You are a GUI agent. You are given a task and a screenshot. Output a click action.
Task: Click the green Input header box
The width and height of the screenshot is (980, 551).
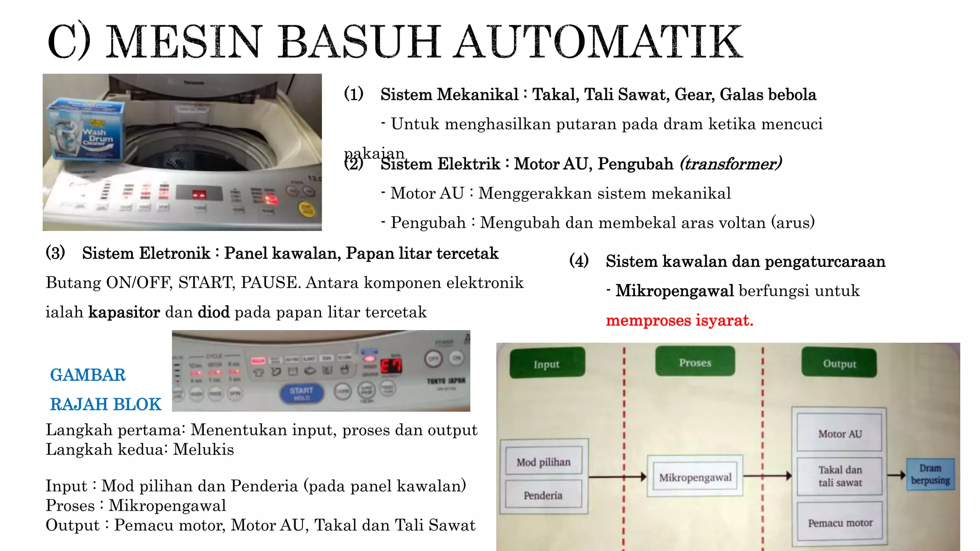547,363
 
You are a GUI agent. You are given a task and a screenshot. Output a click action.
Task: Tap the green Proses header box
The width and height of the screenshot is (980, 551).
695,362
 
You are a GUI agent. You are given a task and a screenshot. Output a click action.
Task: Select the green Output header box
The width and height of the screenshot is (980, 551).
839,363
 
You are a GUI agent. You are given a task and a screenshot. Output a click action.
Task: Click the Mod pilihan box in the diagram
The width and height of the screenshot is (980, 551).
544,462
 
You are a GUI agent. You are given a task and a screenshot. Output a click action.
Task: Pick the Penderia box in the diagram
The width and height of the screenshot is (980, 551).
543,495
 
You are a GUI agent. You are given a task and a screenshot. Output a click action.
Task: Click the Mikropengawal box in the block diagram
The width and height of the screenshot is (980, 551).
695,476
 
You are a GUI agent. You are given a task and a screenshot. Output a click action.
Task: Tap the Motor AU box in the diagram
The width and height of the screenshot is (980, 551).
840,433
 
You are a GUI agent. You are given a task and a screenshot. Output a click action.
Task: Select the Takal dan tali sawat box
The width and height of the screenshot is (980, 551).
840,476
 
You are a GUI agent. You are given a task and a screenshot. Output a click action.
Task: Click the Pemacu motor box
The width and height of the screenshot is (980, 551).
840,522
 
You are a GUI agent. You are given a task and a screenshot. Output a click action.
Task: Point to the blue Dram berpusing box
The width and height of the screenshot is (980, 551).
930,474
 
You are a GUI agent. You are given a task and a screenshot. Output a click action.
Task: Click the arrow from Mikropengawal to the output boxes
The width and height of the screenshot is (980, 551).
768,475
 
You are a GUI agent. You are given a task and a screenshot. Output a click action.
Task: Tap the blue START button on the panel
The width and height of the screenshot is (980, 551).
301,393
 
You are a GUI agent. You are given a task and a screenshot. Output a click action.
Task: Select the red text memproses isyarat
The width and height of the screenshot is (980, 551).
679,320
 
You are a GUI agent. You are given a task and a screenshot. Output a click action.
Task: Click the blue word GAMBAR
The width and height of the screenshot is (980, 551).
88,375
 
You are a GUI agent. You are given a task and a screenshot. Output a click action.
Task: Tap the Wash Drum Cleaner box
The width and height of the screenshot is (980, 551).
85,129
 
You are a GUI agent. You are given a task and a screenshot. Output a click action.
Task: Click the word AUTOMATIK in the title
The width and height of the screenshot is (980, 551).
598,42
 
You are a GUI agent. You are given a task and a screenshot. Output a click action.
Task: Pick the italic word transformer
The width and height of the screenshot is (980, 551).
731,164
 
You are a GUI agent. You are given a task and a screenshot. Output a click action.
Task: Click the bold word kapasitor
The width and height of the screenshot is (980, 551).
124,312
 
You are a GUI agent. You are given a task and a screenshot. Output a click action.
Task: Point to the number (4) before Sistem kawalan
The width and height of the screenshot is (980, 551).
579,261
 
